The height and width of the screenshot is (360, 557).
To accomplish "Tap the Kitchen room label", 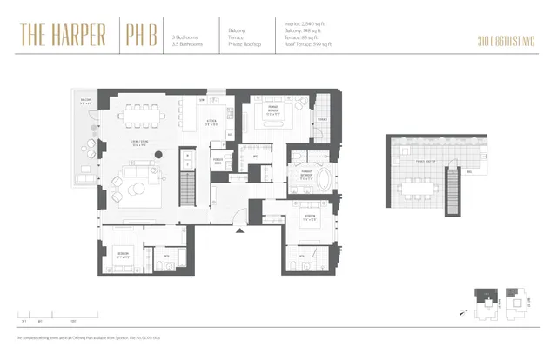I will pyautogui.click(x=211, y=122).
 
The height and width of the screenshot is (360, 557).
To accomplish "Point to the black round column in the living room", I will pyautogui.click(x=160, y=155).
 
